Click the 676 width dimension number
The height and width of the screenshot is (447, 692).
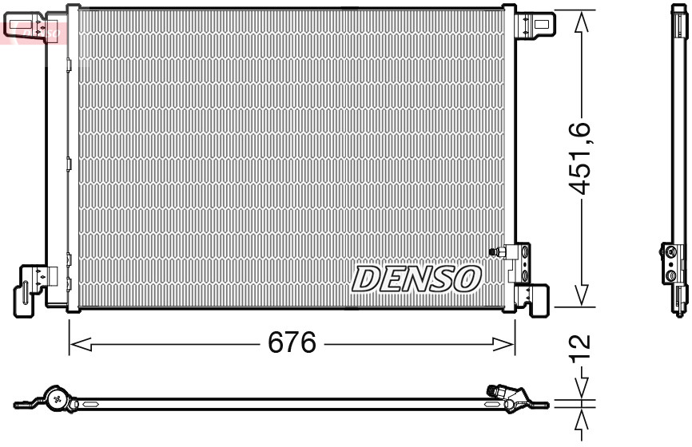292,344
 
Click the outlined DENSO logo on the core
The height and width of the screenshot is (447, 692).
416,279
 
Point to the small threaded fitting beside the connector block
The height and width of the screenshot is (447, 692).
495,251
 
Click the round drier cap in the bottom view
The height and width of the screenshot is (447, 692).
58,397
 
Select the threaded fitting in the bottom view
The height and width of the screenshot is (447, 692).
497,391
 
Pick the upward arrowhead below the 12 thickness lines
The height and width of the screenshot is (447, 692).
582,417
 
